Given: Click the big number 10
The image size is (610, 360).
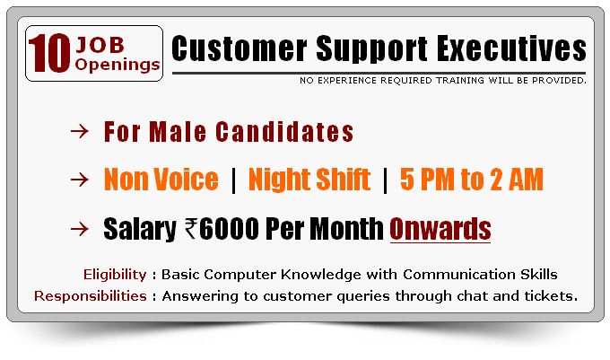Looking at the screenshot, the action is pyautogui.click(x=49, y=53).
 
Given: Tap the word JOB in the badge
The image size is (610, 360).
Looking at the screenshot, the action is pyautogui.click(x=100, y=45).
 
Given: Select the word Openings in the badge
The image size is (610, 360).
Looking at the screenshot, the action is pyautogui.click(x=118, y=65).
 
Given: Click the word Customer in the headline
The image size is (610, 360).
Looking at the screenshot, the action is pyautogui.click(x=240, y=48).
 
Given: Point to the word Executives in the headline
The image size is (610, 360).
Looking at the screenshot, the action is pyautogui.click(x=511, y=48).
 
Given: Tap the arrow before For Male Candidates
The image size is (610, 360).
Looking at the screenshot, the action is pyautogui.click(x=80, y=132).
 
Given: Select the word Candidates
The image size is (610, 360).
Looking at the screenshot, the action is pyautogui.click(x=284, y=132).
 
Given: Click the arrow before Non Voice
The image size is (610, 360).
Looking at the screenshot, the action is pyautogui.click(x=80, y=180).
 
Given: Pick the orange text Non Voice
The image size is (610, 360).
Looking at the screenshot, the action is pyautogui.click(x=161, y=179).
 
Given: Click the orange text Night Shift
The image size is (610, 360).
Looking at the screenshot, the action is pyautogui.click(x=309, y=180).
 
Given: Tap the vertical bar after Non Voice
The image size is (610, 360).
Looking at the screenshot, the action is pyautogui.click(x=233, y=180).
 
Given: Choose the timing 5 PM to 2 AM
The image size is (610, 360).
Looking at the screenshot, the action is pyautogui.click(x=472, y=179).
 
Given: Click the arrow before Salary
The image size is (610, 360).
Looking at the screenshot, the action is pyautogui.click(x=80, y=229).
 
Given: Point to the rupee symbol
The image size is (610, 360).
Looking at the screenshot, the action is pyautogui.click(x=191, y=228).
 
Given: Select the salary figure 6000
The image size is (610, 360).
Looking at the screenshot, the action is pyautogui.click(x=229, y=228).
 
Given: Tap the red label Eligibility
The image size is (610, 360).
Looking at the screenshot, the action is pyautogui.click(x=115, y=275).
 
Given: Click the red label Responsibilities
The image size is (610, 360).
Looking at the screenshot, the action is pyautogui.click(x=91, y=296).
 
